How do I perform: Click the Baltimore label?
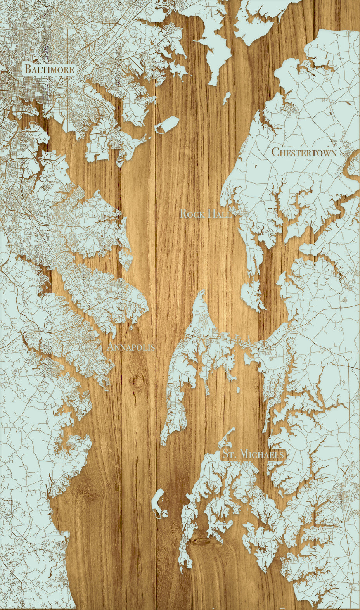pyautogui.click(x=49, y=69)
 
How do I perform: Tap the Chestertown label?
pyautogui.click(x=304, y=152)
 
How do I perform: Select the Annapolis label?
pyautogui.click(x=131, y=347)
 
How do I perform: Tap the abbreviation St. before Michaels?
pyautogui.click(x=229, y=454)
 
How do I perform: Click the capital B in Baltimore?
pyautogui.click(x=28, y=69)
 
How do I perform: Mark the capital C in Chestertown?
pyautogui.click(x=275, y=152)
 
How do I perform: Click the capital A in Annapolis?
pyautogui.click(x=110, y=347)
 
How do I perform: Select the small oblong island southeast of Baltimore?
pyautogui.click(x=167, y=124)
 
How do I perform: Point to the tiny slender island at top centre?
pyautogui.click(x=227, y=98)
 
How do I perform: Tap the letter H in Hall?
pyautogui.click(x=210, y=214)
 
